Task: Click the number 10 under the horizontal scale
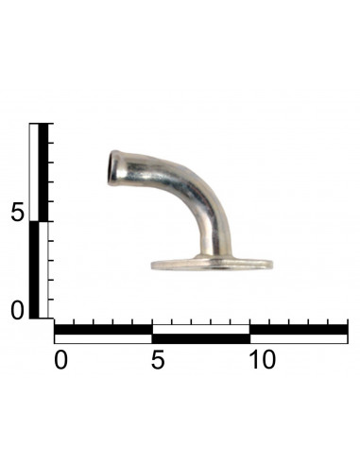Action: point(263,360)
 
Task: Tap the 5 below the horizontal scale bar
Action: point(158,360)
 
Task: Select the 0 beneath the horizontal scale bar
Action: point(60,360)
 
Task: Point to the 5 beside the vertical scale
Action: point(17,212)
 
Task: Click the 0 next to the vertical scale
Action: point(17,310)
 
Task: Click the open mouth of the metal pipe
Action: point(111,168)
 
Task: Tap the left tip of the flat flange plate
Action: point(152,265)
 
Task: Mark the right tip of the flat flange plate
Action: point(272,265)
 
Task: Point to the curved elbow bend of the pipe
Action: point(201,197)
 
